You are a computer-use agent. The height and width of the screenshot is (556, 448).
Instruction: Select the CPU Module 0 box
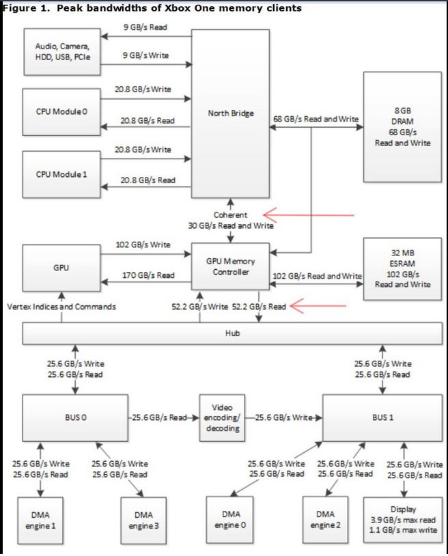(x=61, y=111)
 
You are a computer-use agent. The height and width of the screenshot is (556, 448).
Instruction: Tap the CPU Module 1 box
(x=61, y=173)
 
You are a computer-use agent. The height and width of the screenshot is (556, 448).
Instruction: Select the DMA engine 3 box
(x=143, y=520)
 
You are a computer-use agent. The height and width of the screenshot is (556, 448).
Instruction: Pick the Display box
(x=402, y=520)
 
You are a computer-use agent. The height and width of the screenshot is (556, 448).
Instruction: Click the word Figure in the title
(x=16, y=8)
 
